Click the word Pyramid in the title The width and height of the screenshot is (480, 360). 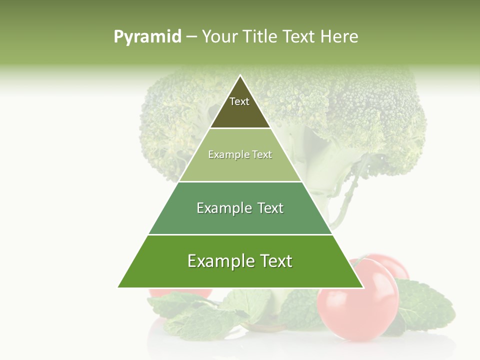pos(147,37)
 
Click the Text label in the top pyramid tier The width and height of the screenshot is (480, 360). pos(239,101)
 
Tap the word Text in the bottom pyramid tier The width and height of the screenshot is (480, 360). pos(275,261)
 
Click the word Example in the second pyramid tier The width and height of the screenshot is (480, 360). pos(224,155)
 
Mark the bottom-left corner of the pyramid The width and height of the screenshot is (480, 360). pos(118,287)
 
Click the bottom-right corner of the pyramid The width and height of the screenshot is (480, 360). pos(363,287)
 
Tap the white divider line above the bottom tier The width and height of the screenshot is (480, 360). pos(240,234)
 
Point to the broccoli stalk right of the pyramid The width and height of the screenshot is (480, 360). pos(345,200)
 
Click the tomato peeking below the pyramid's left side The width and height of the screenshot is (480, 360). pos(180,294)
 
